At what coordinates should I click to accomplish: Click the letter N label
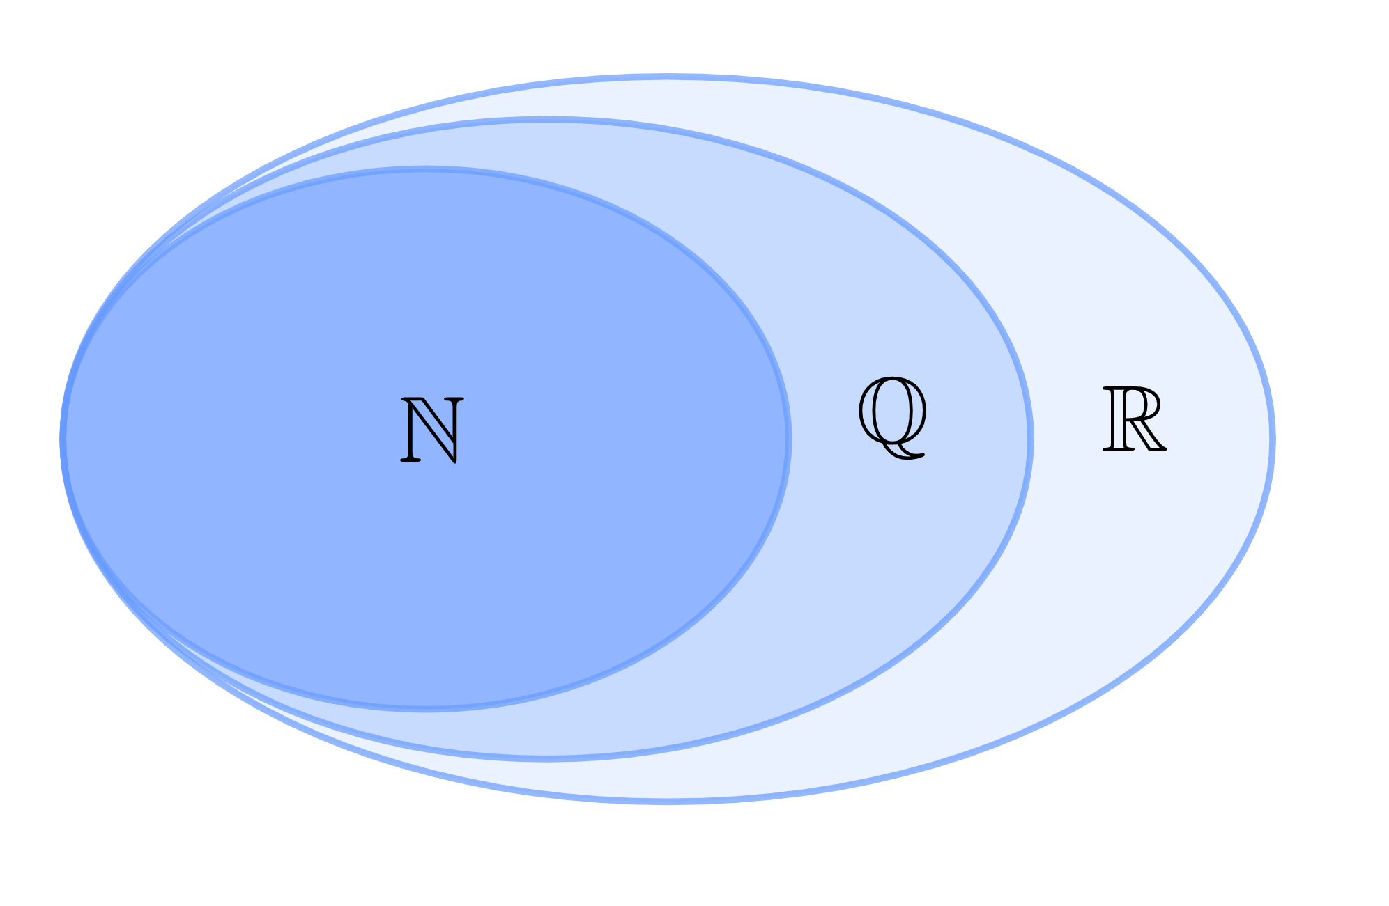pos(432,430)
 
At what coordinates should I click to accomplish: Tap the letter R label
pos(1134,419)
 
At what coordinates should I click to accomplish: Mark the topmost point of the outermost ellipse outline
pos(668,77)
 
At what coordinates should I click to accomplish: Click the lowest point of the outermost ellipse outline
pos(668,802)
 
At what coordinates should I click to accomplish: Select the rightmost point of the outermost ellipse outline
pos(1273,439)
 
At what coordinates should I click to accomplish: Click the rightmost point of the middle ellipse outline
pos(1030,439)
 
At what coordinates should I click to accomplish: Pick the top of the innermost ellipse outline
pos(425,169)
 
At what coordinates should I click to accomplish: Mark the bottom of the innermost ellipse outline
pos(425,708)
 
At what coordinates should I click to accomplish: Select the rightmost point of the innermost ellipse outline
pos(788,439)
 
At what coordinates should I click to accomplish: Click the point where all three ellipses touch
pos(63,439)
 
